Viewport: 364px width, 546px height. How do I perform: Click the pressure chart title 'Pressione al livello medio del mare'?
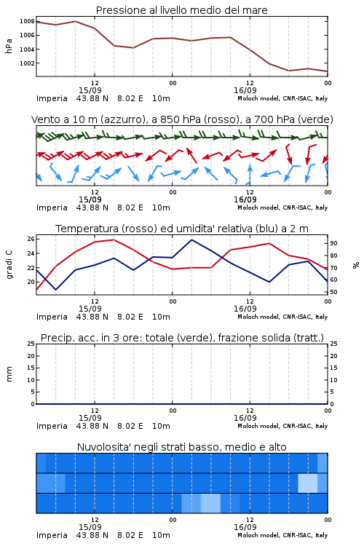tap(181, 10)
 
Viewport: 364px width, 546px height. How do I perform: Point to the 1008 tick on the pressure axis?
tap(27, 21)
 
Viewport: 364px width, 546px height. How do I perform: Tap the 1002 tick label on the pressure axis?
tap(27, 63)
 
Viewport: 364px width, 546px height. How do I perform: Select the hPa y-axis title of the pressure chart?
tap(9, 46)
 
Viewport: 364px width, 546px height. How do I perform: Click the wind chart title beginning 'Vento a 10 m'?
tap(182, 119)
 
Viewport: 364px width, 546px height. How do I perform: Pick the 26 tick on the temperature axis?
tap(31, 239)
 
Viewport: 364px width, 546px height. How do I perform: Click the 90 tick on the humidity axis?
tap(333, 243)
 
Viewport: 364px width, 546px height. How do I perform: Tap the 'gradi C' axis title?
tap(9, 265)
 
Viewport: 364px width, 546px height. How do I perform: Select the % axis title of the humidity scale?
tap(356, 265)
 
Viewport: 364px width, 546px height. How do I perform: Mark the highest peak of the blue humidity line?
tap(191, 240)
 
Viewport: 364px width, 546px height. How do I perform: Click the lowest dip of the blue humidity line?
tap(56, 289)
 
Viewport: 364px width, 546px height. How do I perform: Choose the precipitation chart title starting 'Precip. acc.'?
tap(182, 338)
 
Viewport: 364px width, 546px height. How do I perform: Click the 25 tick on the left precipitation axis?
tap(31, 344)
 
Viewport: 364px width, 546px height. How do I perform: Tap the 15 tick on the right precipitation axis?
tap(333, 368)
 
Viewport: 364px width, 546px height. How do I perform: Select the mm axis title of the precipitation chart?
tap(9, 374)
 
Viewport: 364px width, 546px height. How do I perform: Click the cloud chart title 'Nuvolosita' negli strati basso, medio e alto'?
tap(182, 447)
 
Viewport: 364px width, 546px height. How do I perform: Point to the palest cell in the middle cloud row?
tap(307, 483)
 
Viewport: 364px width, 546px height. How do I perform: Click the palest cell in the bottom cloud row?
tap(210, 503)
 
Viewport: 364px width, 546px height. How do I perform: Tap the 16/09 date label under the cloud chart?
tap(245, 527)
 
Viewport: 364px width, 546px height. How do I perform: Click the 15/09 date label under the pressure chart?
tap(90, 90)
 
